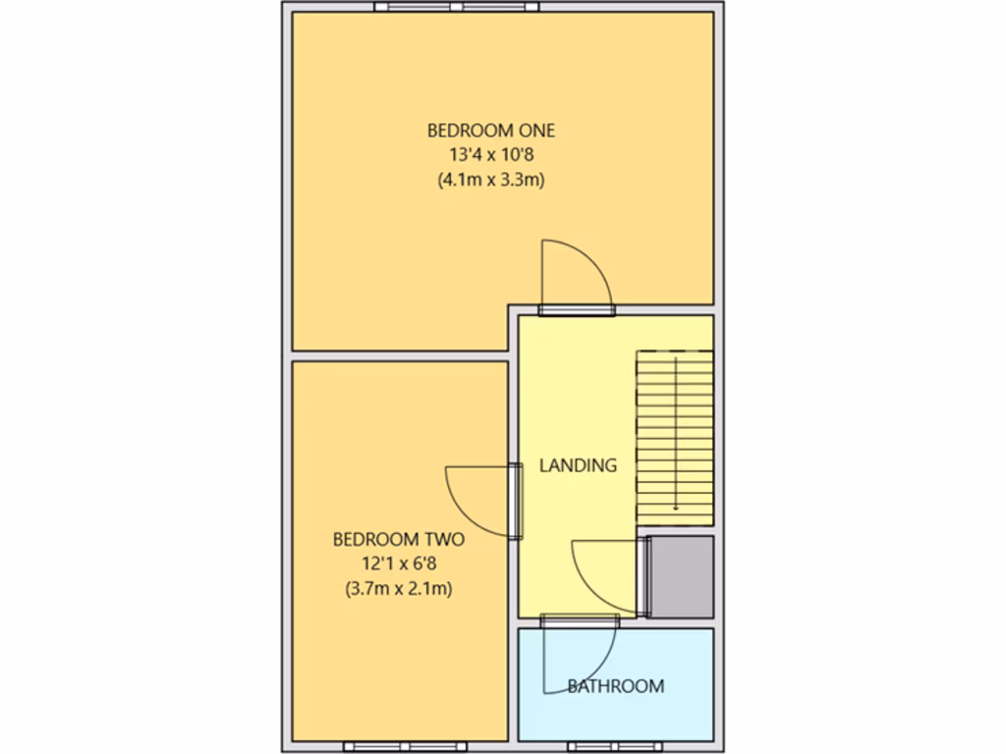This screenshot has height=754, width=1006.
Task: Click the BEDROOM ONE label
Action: [x=491, y=130]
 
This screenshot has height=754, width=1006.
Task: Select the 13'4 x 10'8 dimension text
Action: [x=491, y=154]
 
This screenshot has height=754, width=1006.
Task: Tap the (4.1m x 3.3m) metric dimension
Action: [x=491, y=180]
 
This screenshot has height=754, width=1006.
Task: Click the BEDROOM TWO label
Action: [x=398, y=539]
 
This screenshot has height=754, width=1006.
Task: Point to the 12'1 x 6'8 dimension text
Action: [x=398, y=564]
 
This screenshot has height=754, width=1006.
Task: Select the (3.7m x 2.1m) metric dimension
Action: [x=398, y=589]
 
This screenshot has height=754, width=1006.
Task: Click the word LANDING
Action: [x=578, y=465]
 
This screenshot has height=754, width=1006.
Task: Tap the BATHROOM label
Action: [x=615, y=686]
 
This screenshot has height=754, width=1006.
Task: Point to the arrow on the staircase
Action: [x=676, y=491]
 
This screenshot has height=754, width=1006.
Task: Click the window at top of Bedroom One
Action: [x=456, y=6]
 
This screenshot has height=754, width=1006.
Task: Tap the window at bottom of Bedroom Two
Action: [x=398, y=746]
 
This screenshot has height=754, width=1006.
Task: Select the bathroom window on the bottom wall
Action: [x=607, y=746]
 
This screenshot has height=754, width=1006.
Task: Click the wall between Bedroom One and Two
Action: [x=400, y=354]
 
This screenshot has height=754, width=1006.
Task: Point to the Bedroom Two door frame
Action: [x=515, y=501]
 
